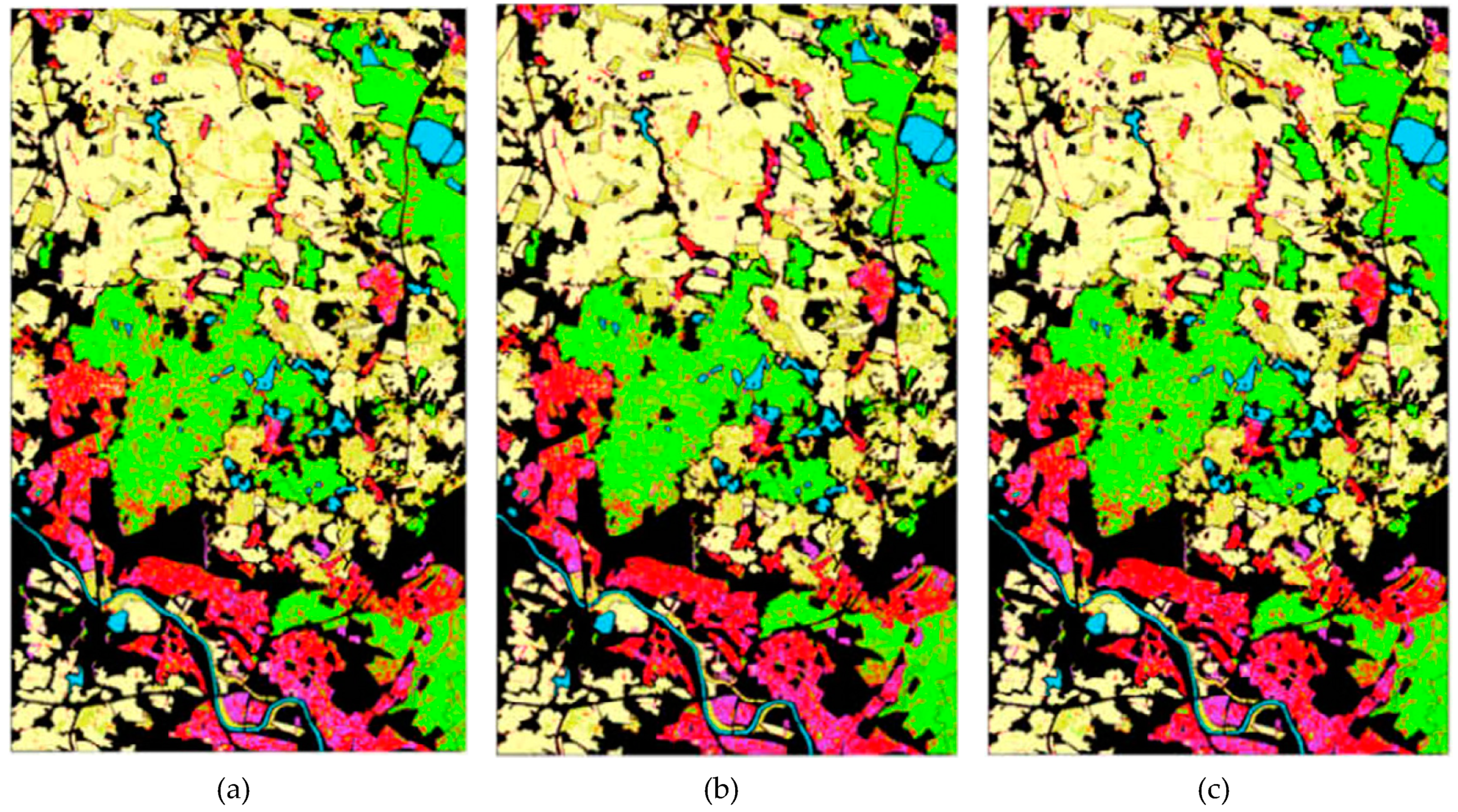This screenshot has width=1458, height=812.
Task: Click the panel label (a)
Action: (233, 790)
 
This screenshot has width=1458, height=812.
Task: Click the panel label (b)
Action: (721, 790)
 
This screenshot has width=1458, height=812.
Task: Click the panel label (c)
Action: (1213, 790)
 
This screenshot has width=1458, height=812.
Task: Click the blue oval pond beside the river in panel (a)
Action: (117, 623)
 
